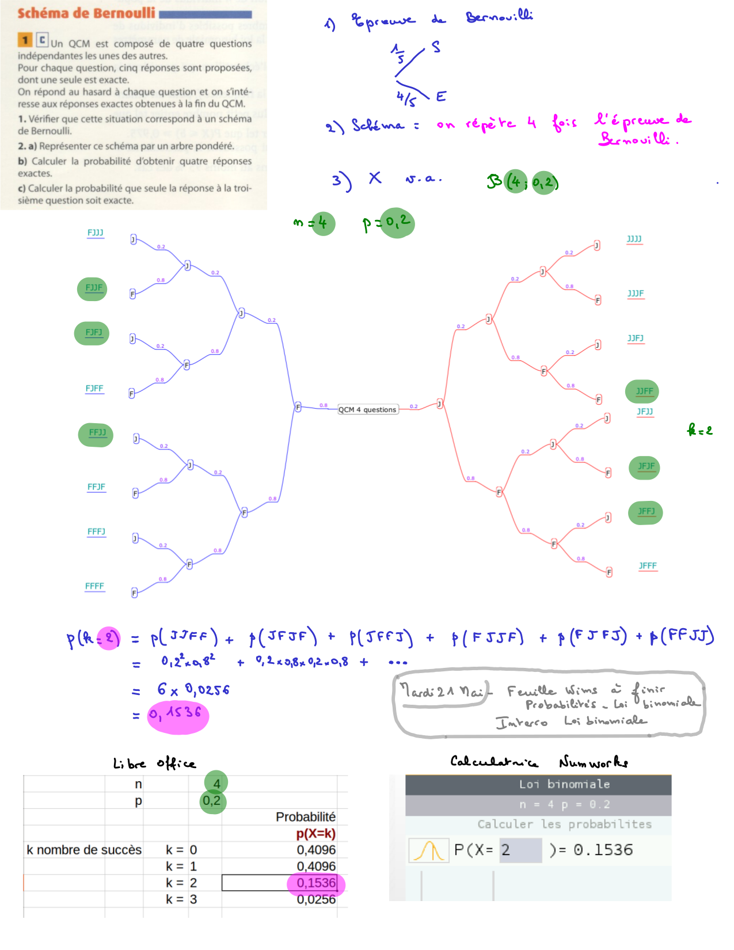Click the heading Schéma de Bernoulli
[x=86, y=13]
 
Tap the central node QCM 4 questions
[x=367, y=409]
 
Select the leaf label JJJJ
[x=634, y=239]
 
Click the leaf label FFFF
[x=94, y=586]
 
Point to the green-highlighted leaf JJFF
[x=643, y=392]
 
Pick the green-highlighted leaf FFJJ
[x=97, y=433]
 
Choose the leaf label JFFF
[x=648, y=566]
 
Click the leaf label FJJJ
[x=96, y=233]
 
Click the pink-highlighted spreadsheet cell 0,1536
[x=315, y=883]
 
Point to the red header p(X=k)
[x=315, y=833]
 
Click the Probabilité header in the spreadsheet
[x=305, y=816]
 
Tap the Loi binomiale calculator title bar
[x=538, y=784]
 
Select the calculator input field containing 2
[x=520, y=850]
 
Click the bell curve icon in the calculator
[x=429, y=850]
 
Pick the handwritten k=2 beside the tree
[x=699, y=430]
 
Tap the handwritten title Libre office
[x=154, y=763]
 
